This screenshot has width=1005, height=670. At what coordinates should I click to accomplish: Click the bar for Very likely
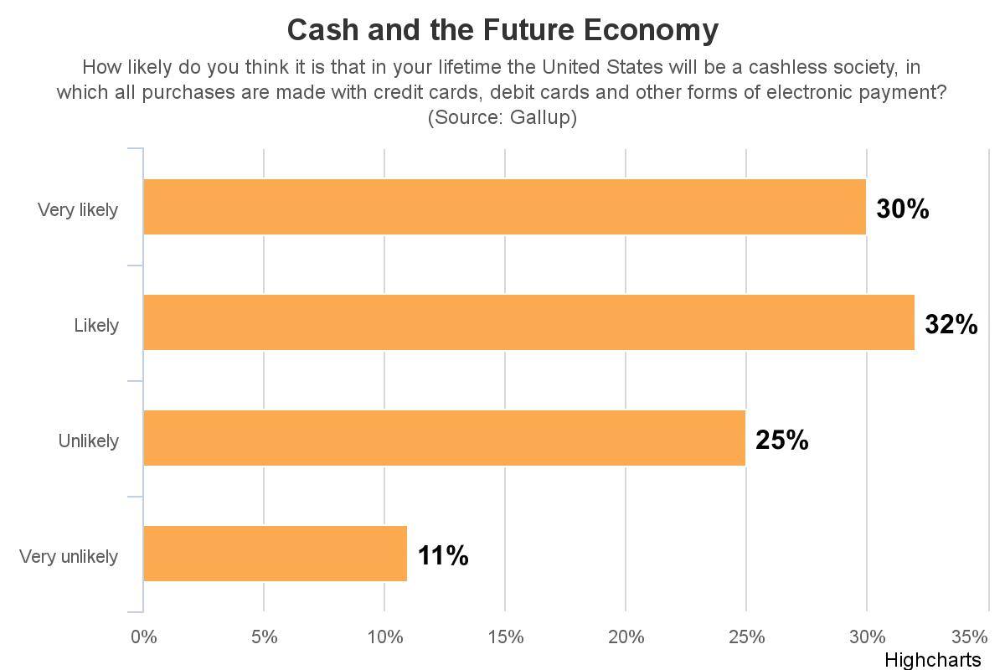click(x=504, y=207)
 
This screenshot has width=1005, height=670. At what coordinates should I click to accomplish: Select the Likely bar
click(x=528, y=322)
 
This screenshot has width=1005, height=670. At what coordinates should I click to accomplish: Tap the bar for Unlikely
click(x=444, y=438)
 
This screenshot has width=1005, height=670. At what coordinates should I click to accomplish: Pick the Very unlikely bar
click(x=275, y=554)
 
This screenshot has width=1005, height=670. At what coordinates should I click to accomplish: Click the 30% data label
click(x=902, y=209)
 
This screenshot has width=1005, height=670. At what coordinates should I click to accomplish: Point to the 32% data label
click(x=951, y=325)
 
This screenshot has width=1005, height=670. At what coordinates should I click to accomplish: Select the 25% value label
click(x=781, y=441)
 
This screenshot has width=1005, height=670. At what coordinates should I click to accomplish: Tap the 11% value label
click(x=443, y=556)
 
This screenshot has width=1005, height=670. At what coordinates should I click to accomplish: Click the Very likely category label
click(x=78, y=210)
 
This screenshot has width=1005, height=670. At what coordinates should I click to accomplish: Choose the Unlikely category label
click(x=88, y=441)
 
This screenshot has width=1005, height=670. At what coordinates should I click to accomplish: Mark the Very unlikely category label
click(x=69, y=557)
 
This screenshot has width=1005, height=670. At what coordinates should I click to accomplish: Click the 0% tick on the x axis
click(x=143, y=637)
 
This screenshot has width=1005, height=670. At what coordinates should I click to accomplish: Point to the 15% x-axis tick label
click(x=505, y=637)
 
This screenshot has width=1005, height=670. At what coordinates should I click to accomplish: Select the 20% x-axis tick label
click(x=626, y=637)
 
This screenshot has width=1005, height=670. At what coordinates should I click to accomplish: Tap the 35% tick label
click(x=970, y=637)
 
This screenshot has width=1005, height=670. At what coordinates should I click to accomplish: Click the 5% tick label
click(x=264, y=637)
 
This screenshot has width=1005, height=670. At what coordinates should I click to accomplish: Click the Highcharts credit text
click(x=932, y=660)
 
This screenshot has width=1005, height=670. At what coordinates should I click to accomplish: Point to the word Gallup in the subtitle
click(x=541, y=117)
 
